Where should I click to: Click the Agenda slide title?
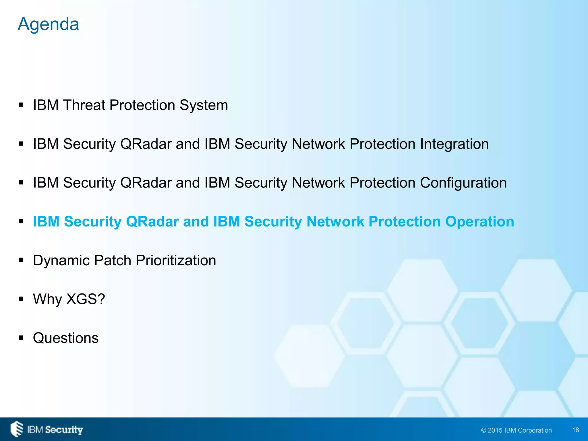pyautogui.click(x=48, y=24)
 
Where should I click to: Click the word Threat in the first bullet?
pyautogui.click(x=84, y=105)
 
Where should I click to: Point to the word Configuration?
pyautogui.click(x=463, y=183)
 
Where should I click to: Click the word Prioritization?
pyautogui.click(x=176, y=260)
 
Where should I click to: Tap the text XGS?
pyautogui.click(x=86, y=299)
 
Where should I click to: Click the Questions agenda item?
pyautogui.click(x=66, y=338)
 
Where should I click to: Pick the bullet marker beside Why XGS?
pyautogui.click(x=21, y=299)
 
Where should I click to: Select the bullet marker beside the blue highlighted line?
pyautogui.click(x=21, y=222)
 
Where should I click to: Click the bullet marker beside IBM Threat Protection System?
pyautogui.click(x=21, y=105)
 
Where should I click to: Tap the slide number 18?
pyautogui.click(x=575, y=430)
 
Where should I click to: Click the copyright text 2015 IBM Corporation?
pyautogui.click(x=516, y=430)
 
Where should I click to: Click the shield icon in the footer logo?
pyautogui.click(x=17, y=429)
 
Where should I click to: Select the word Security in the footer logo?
pyautogui.click(x=64, y=430)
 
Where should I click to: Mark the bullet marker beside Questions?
pyautogui.click(x=21, y=338)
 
